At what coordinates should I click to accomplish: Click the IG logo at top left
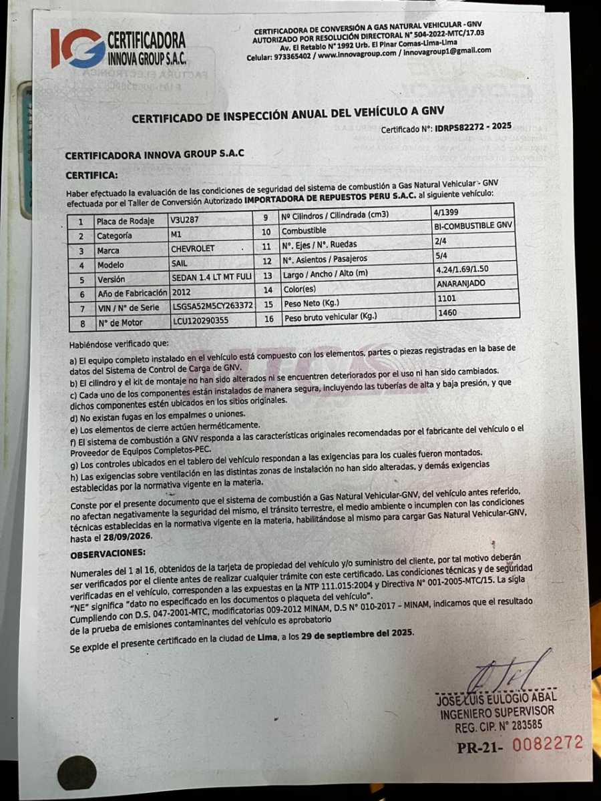point(77,48)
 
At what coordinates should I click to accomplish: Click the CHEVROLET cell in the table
point(193,250)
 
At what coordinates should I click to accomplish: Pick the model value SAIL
point(180,264)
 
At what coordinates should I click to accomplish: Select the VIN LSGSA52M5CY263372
point(212,306)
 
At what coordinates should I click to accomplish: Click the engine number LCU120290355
point(200,322)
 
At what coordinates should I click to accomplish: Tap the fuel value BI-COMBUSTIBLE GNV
point(473,226)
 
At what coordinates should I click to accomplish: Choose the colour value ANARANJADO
point(461,284)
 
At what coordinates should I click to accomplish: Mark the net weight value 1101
point(447,298)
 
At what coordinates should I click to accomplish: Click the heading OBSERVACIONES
point(108,553)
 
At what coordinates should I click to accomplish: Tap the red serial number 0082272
point(548,743)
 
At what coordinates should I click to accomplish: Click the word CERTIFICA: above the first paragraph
point(91,175)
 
